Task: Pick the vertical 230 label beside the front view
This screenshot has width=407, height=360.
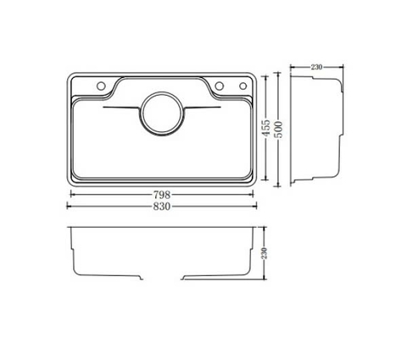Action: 265,252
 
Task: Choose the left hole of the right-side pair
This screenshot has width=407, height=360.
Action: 220,85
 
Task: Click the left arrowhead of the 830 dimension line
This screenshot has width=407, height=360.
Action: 69,202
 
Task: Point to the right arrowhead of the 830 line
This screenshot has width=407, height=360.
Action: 256,202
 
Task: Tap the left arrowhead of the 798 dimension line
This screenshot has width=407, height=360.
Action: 72,194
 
